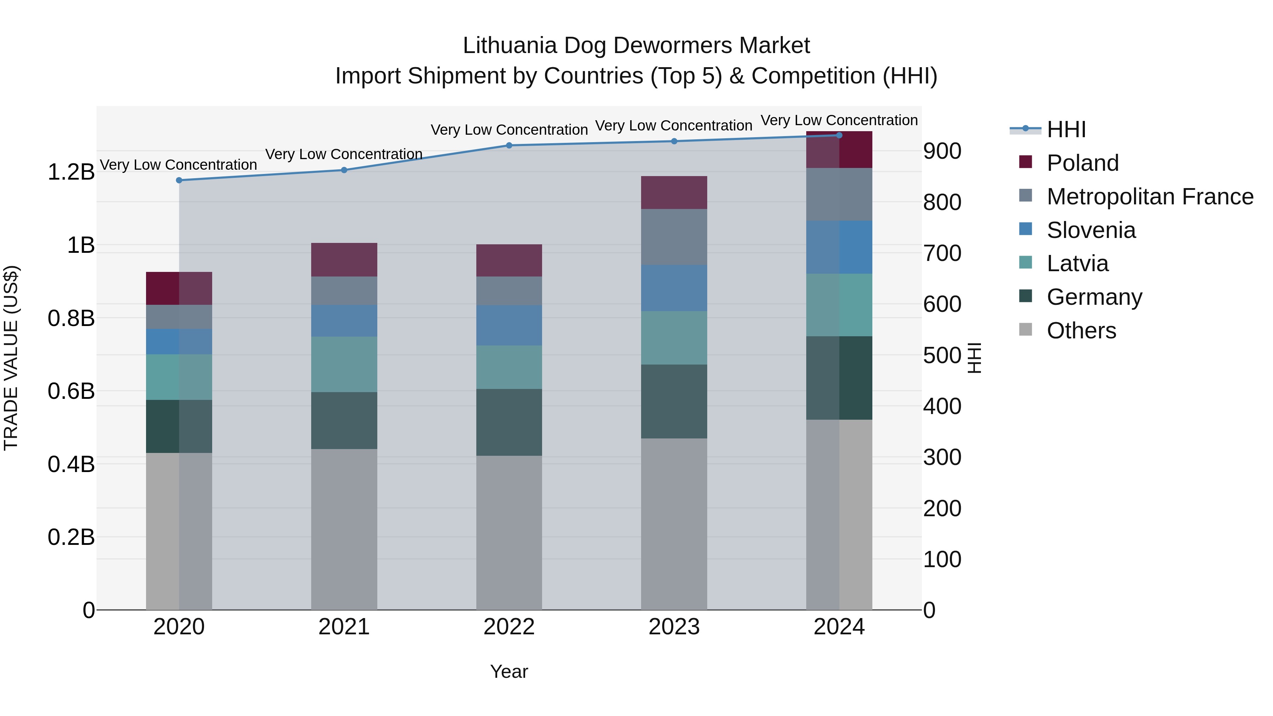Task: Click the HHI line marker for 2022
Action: [509, 145]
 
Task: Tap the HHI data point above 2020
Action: [179, 180]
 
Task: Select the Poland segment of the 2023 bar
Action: [674, 192]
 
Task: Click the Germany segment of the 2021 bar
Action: [344, 420]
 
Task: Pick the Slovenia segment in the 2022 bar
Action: [509, 325]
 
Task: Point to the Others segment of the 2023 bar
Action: [674, 524]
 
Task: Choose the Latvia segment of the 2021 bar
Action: [344, 364]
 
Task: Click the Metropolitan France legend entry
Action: [1150, 197]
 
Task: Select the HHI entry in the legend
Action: [1065, 129]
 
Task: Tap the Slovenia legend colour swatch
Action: [1025, 229]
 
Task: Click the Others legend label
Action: [1081, 331]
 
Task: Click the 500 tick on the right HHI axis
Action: [942, 355]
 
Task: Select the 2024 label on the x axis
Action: [839, 627]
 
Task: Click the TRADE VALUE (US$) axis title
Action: [11, 358]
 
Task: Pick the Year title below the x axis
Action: [509, 671]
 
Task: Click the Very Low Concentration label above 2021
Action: [344, 154]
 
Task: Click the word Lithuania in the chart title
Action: [510, 46]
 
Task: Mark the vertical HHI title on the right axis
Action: [973, 358]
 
